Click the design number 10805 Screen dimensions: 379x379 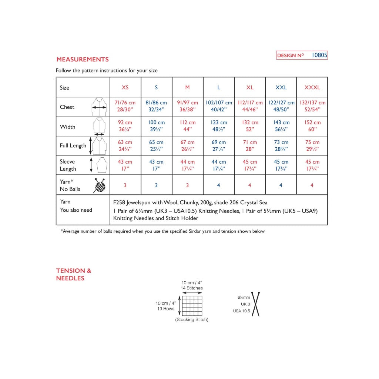coord(319,56)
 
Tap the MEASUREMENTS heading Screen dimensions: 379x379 coord(83,59)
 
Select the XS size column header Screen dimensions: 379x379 coord(125,88)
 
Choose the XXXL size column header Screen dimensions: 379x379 coord(312,88)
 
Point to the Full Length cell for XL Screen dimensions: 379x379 coord(250,145)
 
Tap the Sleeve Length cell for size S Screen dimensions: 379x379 coord(156,165)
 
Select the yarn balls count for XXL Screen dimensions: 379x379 coord(281,185)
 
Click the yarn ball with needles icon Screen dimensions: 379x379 coord(99,185)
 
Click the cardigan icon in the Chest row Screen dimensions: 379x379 coord(99,107)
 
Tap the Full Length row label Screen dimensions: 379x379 coord(73,146)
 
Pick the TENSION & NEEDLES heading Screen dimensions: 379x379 coord(74,274)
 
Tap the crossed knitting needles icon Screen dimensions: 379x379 coord(256,304)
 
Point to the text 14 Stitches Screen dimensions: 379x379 coord(192,288)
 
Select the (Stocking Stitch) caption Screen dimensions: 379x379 coord(192,320)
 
